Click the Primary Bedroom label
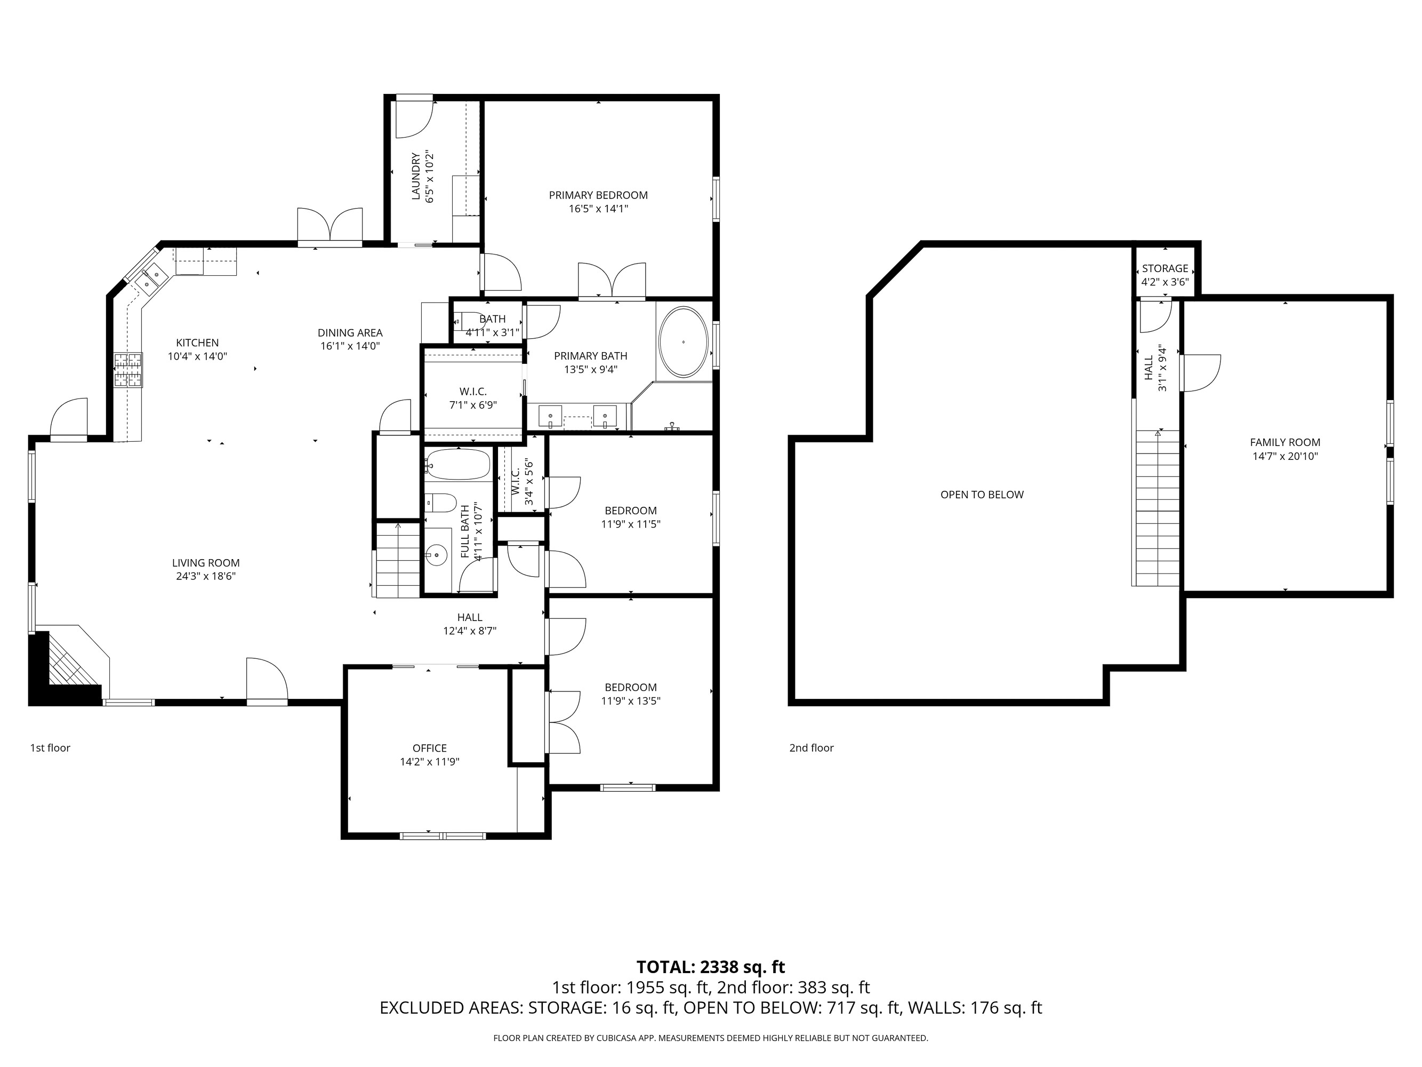598,195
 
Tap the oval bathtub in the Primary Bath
684,342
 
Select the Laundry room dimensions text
430,177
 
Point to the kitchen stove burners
128,370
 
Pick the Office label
429,748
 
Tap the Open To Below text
982,495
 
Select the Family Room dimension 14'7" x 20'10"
1285,457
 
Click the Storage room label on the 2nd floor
1165,268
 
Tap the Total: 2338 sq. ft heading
710,967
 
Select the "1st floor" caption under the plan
50,748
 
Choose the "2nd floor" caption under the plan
812,748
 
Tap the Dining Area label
350,333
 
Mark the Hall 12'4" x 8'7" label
469,624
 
